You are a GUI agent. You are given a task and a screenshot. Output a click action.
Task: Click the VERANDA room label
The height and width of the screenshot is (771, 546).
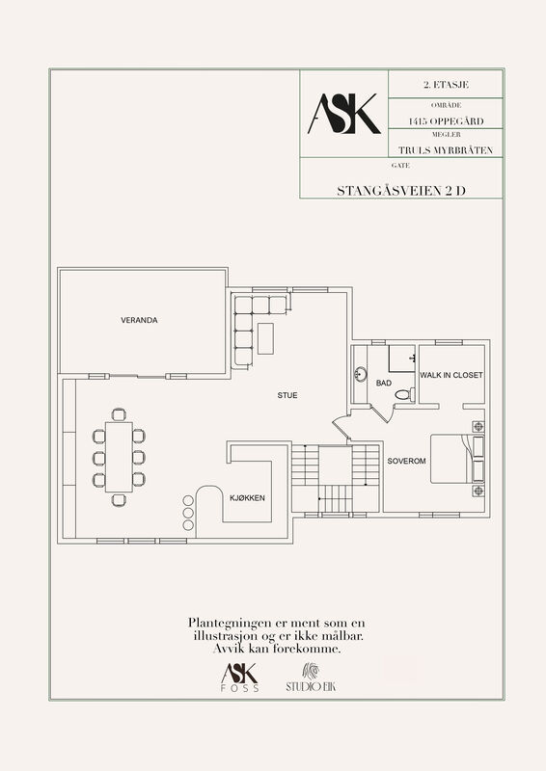(139, 320)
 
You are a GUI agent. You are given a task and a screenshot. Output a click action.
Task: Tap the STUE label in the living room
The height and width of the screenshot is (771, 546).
(287, 395)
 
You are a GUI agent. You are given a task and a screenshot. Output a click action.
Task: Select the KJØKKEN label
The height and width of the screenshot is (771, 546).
(247, 498)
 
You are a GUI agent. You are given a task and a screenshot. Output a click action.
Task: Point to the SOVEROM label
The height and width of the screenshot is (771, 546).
(407, 462)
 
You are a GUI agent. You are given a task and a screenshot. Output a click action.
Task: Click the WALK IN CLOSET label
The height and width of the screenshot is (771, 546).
(450, 375)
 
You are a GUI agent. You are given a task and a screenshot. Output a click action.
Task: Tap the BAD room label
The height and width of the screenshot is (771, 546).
(384, 383)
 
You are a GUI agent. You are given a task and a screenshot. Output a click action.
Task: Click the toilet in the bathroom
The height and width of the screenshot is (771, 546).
(405, 394)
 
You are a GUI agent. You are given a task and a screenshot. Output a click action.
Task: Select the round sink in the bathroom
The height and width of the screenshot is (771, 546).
(361, 374)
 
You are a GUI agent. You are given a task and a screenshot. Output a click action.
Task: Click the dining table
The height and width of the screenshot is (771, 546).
(119, 457)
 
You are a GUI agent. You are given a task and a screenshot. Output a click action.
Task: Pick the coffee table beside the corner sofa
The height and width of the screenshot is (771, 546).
(265, 338)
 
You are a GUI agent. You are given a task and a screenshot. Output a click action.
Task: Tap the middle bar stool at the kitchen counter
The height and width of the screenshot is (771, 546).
(188, 513)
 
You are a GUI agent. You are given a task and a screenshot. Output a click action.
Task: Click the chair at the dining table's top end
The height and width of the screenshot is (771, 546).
(119, 414)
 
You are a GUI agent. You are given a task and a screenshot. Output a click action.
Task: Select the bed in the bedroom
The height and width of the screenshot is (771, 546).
(457, 459)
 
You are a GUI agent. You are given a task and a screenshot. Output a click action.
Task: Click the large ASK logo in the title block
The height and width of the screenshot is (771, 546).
(344, 114)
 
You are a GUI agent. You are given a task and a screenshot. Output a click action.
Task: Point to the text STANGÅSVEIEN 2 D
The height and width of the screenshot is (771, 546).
(401, 191)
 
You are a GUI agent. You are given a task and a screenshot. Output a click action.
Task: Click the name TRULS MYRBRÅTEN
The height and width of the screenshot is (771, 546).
(446, 150)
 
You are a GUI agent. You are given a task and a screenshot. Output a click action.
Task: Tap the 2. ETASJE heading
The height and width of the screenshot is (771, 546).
(446, 85)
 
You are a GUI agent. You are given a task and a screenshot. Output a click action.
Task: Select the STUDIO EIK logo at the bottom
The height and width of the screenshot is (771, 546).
(311, 678)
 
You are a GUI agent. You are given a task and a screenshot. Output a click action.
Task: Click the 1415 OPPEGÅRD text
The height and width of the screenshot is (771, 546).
(446, 121)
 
